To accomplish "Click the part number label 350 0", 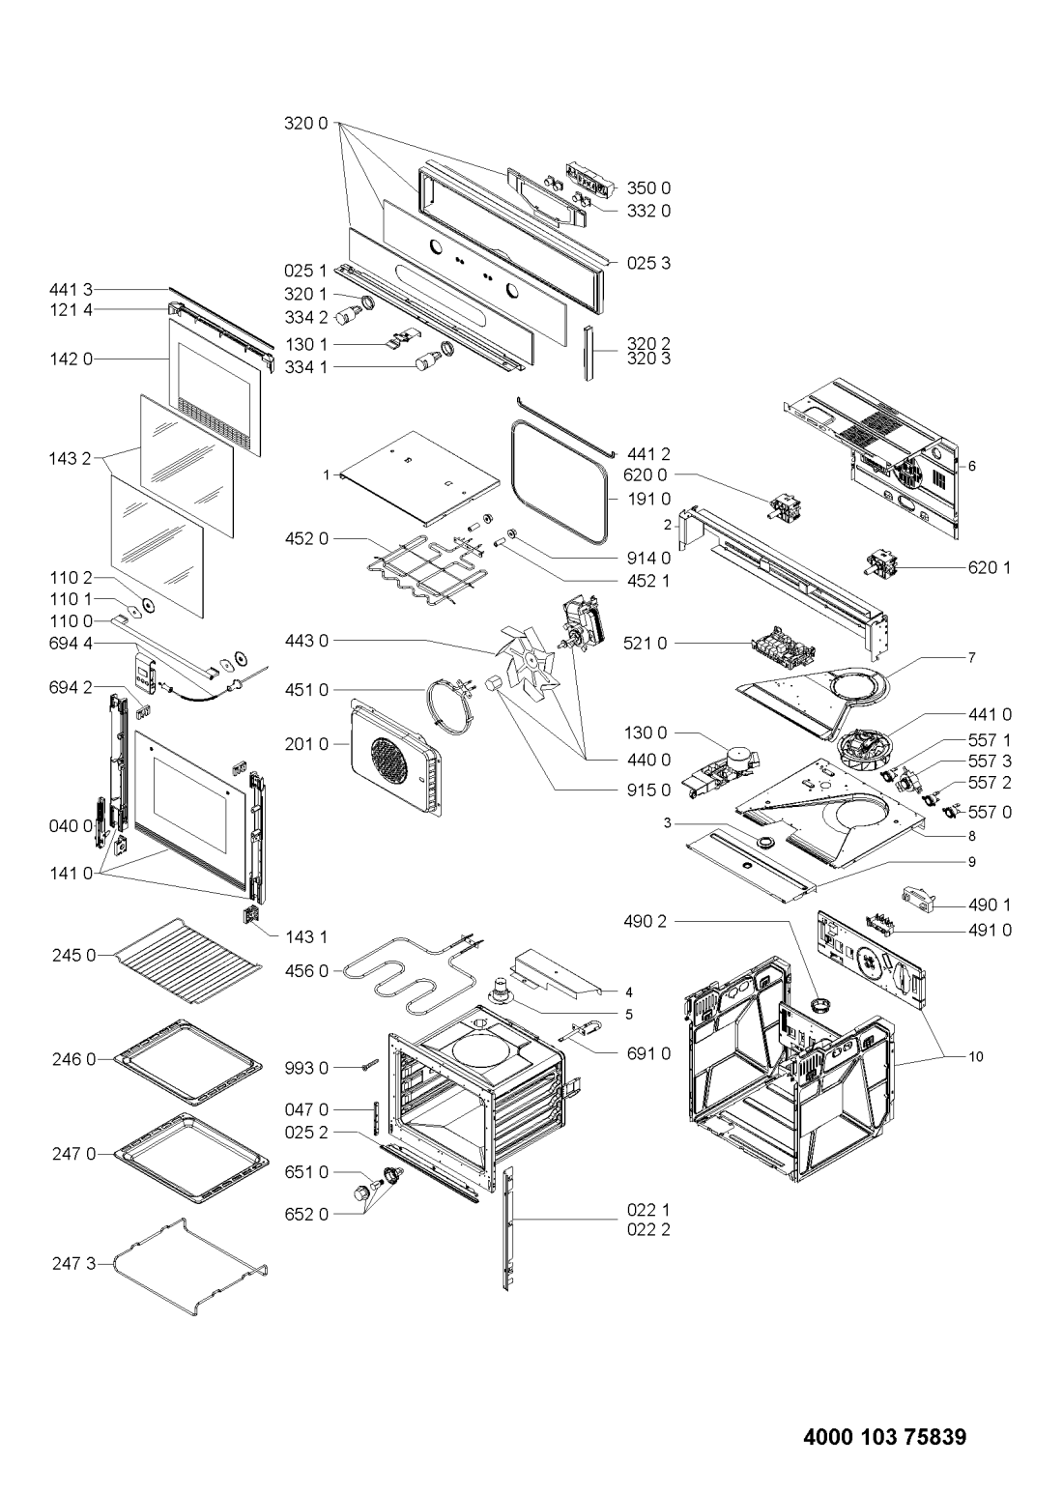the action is (x=648, y=188).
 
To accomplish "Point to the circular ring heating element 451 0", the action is (x=453, y=701).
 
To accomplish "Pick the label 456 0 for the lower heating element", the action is (x=306, y=971).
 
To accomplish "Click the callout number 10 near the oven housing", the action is (x=976, y=1057).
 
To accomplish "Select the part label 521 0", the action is (x=645, y=644).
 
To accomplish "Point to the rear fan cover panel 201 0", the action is (x=395, y=758).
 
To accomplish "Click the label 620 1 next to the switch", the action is (x=990, y=567).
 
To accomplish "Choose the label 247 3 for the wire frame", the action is (x=74, y=1263).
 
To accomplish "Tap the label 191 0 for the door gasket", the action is (x=648, y=499).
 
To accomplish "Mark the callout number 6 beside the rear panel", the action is (x=971, y=466).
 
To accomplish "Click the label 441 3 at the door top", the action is (x=71, y=290).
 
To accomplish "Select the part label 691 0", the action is (x=648, y=1053).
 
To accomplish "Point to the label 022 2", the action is (x=648, y=1229).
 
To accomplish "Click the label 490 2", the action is (x=645, y=921).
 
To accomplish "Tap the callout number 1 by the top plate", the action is (x=326, y=474).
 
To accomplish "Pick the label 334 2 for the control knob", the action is (x=306, y=318).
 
